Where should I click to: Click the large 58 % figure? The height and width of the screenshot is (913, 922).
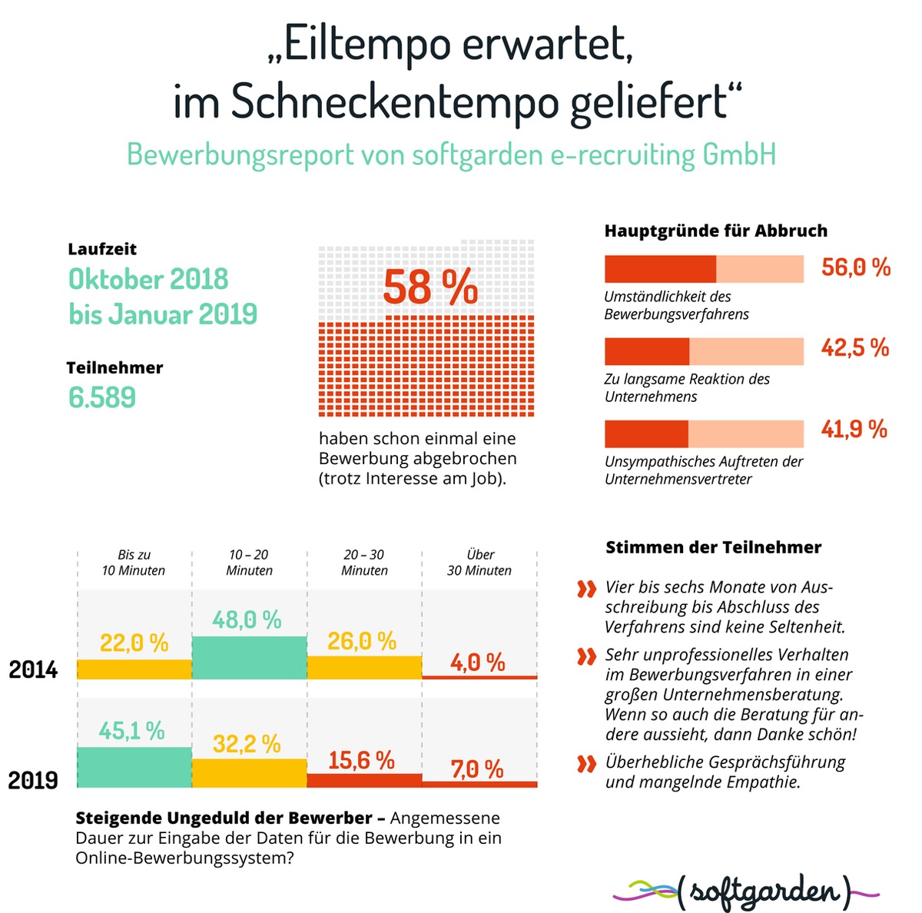tap(430, 287)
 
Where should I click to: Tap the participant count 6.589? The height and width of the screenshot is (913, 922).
tap(102, 397)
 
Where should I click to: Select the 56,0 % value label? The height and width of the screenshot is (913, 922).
tap(855, 267)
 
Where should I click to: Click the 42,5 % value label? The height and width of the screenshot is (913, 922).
tap(854, 347)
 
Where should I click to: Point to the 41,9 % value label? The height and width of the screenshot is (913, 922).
tap(854, 429)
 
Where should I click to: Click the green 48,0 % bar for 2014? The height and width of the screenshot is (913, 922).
tap(249, 658)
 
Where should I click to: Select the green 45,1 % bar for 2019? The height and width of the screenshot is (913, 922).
tap(134, 767)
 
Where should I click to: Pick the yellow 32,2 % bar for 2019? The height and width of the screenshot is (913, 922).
tap(249, 773)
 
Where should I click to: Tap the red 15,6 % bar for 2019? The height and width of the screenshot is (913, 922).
tap(364, 780)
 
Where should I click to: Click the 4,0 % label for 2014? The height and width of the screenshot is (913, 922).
tap(477, 662)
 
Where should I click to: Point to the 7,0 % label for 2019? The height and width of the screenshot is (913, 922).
tap(476, 769)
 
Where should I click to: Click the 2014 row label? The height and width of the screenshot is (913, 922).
tap(33, 669)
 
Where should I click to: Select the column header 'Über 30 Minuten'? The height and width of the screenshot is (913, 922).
tap(479, 563)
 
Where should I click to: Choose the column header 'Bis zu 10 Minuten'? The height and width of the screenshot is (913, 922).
tap(134, 563)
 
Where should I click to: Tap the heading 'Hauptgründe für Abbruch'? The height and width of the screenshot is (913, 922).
tap(715, 231)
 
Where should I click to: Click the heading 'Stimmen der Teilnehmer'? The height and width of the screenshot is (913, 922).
tap(713, 547)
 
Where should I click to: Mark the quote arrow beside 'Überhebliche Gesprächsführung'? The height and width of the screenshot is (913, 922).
tap(586, 764)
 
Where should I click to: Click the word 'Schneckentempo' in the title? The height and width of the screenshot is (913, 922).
tap(394, 101)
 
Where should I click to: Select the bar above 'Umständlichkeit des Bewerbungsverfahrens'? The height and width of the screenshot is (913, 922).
tap(704, 269)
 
